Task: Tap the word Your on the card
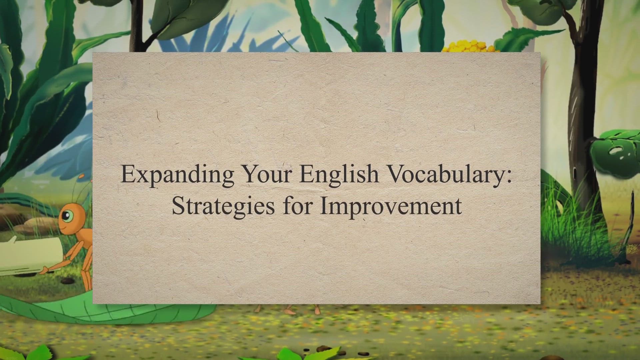click(266, 174)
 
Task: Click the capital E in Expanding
click(128, 174)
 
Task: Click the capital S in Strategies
click(178, 206)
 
